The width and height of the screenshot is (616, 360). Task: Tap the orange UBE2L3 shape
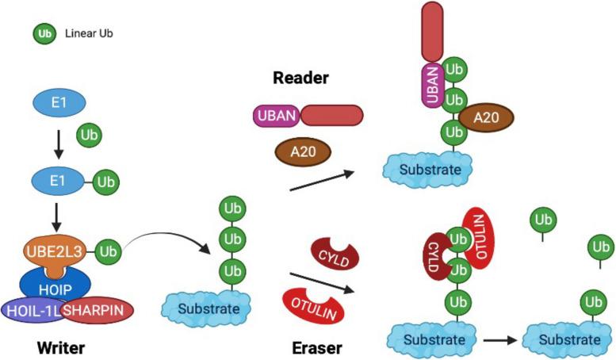pyautogui.click(x=52, y=253)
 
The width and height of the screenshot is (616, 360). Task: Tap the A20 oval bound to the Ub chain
pyautogui.click(x=486, y=117)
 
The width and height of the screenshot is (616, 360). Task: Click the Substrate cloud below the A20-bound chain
pyautogui.click(x=434, y=167)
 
